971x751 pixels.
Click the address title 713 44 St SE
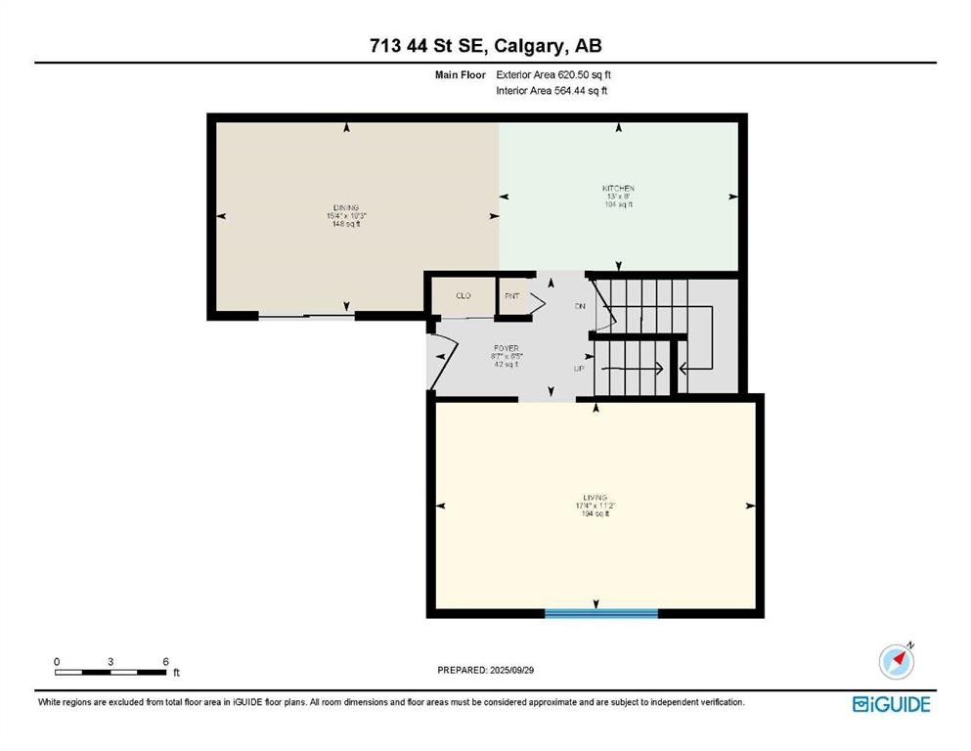[x=485, y=45]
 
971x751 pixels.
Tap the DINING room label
[x=346, y=208]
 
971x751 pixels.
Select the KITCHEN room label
[x=618, y=188]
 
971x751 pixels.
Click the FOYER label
[x=506, y=346]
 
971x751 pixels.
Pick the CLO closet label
[x=464, y=295]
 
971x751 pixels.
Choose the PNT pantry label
[x=511, y=295]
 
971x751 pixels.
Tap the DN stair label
[x=579, y=306]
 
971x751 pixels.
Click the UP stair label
[x=579, y=369]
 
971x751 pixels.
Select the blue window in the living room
[x=601, y=613]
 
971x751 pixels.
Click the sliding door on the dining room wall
[x=306, y=316]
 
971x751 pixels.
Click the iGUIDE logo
[x=891, y=704]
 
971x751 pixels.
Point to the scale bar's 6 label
[x=166, y=661]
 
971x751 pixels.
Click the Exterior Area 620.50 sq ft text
[x=554, y=74]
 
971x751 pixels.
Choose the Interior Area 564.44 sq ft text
[x=552, y=91]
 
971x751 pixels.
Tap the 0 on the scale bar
[x=57, y=661]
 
